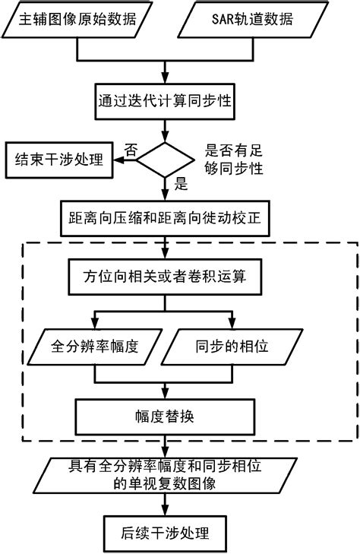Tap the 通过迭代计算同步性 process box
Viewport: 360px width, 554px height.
click(163, 100)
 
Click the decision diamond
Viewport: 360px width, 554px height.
click(163, 158)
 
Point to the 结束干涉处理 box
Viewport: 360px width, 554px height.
click(56, 160)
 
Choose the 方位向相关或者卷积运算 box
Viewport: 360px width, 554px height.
click(163, 277)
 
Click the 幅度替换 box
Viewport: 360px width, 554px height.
click(163, 416)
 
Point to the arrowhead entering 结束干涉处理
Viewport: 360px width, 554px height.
click(117, 160)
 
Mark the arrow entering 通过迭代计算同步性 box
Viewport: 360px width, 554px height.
click(163, 79)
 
